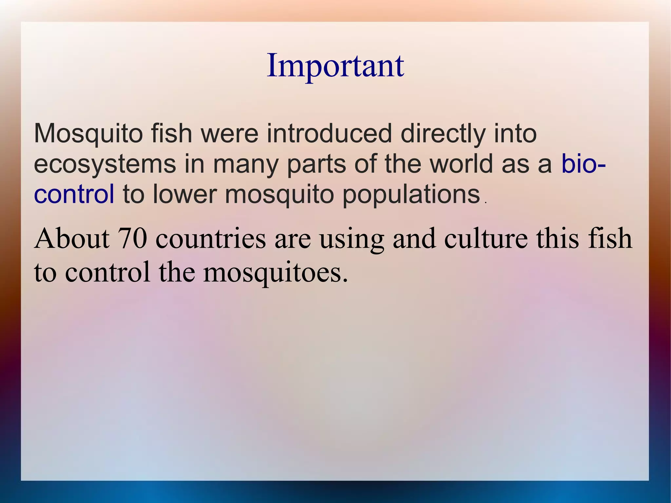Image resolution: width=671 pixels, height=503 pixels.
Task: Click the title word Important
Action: pyautogui.click(x=335, y=66)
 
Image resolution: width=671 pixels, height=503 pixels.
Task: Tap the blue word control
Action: pyautogui.click(x=74, y=194)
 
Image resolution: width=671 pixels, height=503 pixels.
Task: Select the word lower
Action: pyautogui.click(x=185, y=194)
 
